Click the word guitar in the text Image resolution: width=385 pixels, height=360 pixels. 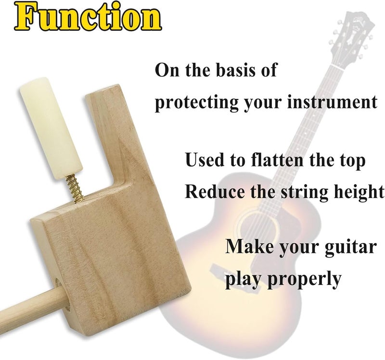[351, 247]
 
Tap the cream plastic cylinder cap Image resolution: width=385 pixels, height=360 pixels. [51, 127]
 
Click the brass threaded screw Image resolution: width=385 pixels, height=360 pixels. [74, 187]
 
